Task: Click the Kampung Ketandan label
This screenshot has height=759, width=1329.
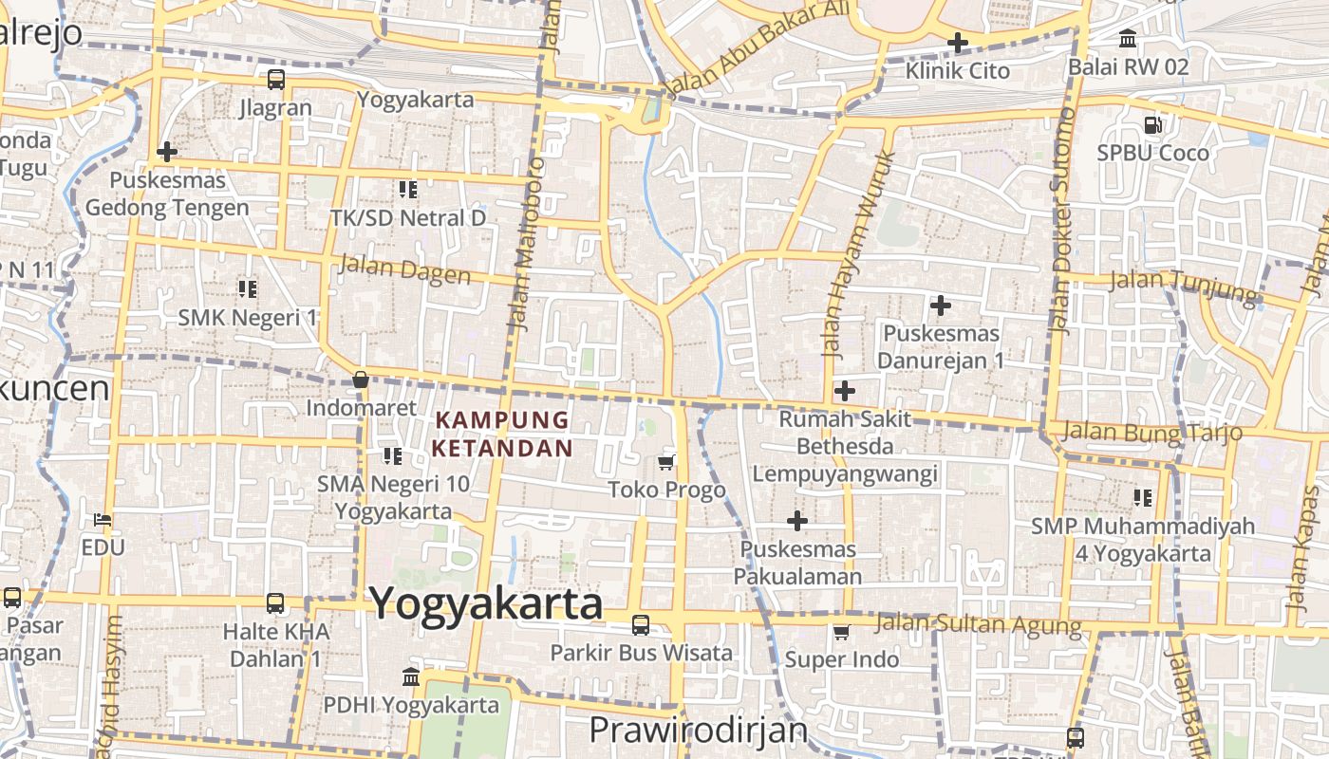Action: [x=503, y=434]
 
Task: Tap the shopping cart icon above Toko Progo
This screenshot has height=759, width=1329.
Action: [x=666, y=462]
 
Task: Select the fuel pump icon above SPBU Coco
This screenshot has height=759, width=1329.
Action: [x=1152, y=124]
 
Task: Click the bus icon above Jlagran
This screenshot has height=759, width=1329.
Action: [x=275, y=80]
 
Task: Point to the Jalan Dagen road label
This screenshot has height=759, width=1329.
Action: [x=404, y=270]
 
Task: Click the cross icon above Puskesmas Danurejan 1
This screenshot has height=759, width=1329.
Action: [x=941, y=305]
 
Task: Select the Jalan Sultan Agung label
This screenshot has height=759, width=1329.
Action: [x=977, y=624]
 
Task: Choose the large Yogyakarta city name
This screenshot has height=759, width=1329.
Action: [x=485, y=603]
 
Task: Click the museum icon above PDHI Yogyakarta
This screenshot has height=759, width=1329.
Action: [x=411, y=677]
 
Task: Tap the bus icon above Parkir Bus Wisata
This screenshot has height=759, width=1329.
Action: [x=641, y=625]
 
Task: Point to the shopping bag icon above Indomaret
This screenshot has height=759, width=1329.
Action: [x=361, y=380]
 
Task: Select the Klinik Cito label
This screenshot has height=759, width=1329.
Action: [x=957, y=71]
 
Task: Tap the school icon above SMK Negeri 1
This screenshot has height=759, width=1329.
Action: [x=248, y=288]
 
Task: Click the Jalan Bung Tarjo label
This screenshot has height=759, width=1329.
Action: [x=1151, y=433]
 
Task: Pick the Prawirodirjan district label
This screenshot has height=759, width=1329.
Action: [x=698, y=731]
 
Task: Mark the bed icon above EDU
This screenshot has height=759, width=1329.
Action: [x=103, y=520]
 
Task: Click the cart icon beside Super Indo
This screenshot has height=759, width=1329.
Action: [x=841, y=632]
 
